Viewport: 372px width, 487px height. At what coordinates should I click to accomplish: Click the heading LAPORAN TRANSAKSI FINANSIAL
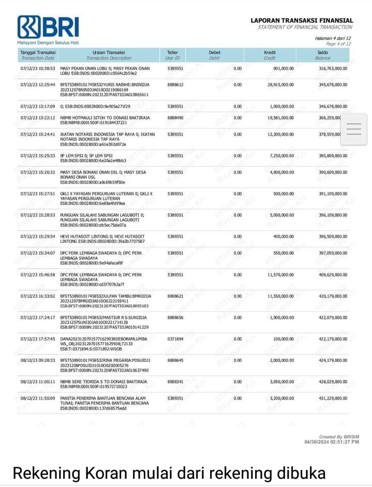coord(302,21)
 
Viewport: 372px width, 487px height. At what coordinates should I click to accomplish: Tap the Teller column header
coord(172,52)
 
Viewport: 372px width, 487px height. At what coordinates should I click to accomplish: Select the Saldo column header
coord(322,52)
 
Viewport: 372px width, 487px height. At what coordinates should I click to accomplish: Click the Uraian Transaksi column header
coord(109,52)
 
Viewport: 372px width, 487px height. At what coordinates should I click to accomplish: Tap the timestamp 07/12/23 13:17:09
coord(38,106)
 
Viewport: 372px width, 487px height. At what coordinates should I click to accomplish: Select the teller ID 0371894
coord(175,338)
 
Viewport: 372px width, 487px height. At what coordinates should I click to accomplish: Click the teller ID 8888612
coord(175,84)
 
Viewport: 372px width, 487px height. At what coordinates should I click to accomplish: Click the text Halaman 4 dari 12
coord(333,38)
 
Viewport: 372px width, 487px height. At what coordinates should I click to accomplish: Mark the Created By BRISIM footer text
coord(339,437)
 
